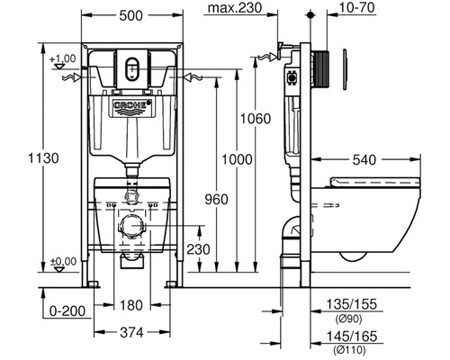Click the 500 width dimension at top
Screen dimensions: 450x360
click(x=130, y=15)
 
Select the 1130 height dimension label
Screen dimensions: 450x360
click(x=43, y=158)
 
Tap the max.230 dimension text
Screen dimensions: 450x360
click(x=235, y=8)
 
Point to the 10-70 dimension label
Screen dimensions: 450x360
click(x=357, y=8)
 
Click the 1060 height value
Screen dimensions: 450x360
click(x=256, y=119)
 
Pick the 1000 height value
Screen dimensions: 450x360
click(x=237, y=159)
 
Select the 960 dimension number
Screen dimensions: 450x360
click(x=216, y=200)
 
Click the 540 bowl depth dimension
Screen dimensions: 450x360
click(x=364, y=160)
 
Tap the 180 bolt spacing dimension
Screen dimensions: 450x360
click(x=131, y=305)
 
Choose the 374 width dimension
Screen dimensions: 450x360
click(x=132, y=332)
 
